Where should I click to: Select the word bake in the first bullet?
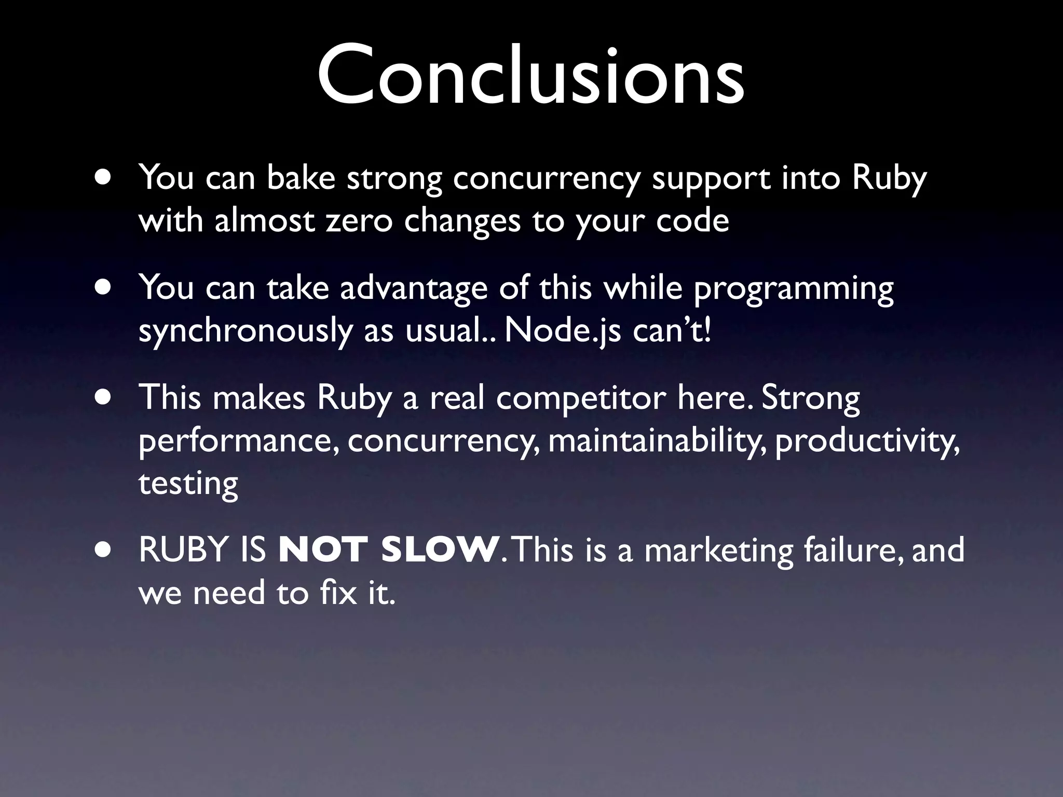(301, 177)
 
